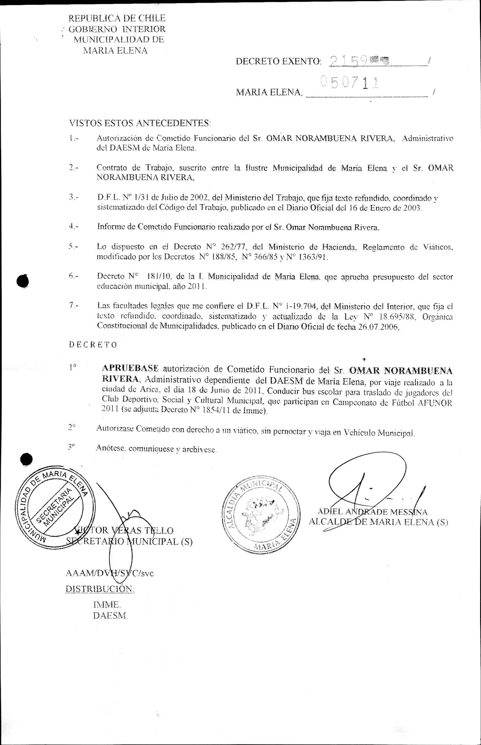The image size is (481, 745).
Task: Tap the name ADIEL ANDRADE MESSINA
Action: (372, 512)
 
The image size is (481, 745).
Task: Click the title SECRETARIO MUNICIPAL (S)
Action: (129, 541)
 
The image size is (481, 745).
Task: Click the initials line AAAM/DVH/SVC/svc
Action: (110, 573)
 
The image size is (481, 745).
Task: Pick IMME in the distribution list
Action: (107, 605)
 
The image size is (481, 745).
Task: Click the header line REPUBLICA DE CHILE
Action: (117, 18)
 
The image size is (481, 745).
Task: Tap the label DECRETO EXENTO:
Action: (278, 61)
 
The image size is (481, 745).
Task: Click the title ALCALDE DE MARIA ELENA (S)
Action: (378, 522)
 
